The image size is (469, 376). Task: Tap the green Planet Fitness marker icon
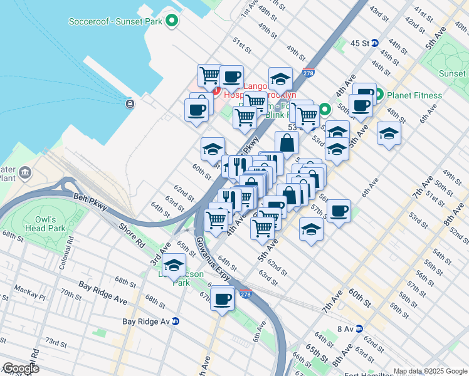(x=378, y=95)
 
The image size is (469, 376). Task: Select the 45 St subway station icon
(x=375, y=43)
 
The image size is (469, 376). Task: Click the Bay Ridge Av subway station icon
(x=176, y=321)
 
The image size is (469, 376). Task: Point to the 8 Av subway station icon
(x=359, y=328)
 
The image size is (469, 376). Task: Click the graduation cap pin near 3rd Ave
(x=174, y=264)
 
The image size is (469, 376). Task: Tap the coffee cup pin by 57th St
(x=339, y=211)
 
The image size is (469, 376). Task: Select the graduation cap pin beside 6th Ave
(x=389, y=133)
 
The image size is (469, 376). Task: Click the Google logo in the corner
(x=20, y=369)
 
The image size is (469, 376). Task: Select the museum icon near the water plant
(x=24, y=172)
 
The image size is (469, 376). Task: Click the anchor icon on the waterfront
(x=129, y=103)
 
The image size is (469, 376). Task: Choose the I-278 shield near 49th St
(x=308, y=73)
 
